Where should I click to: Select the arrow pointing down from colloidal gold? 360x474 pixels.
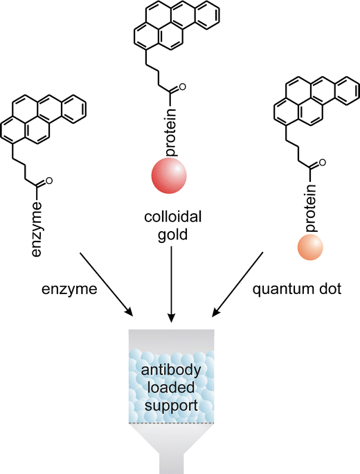[x=170, y=283]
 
